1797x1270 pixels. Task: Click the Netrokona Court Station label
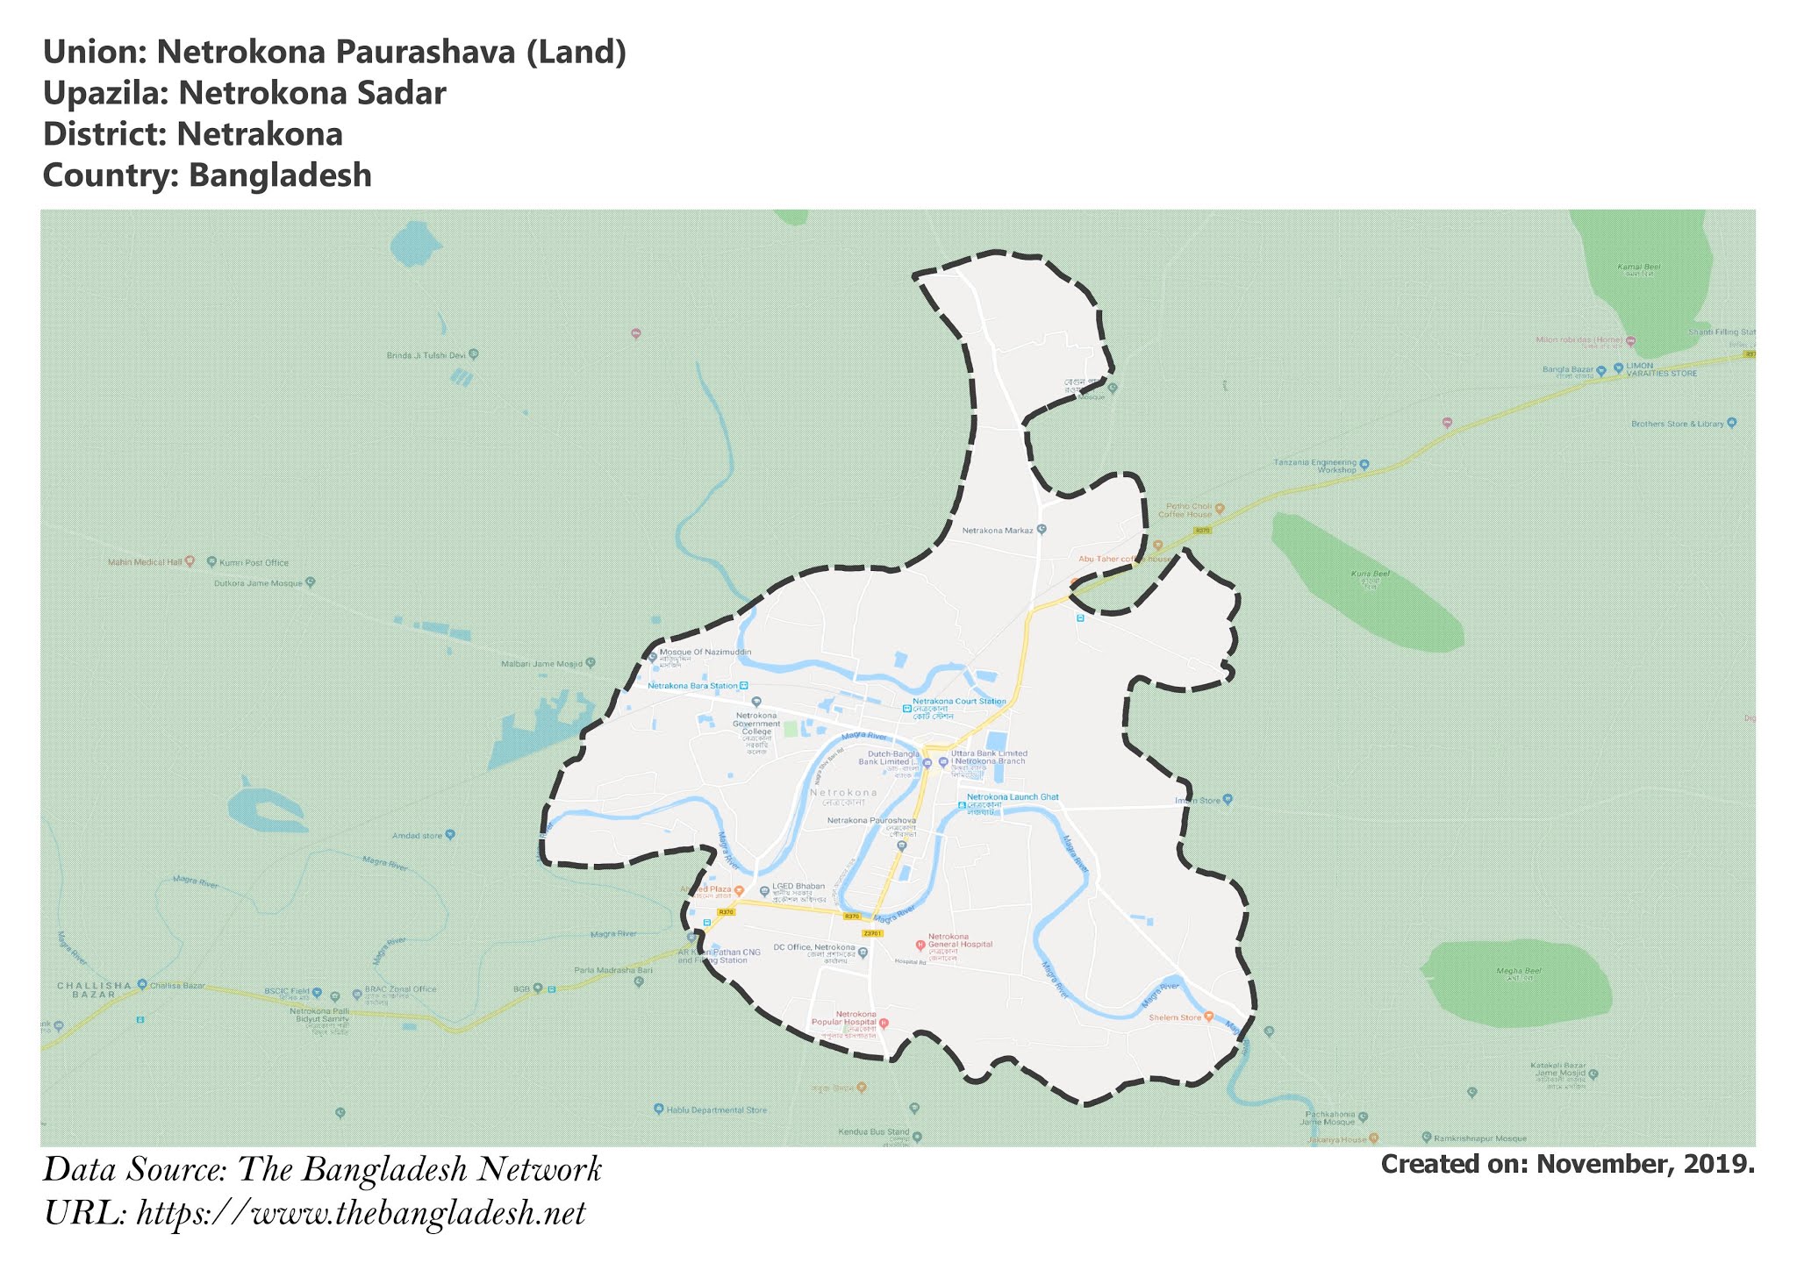[x=959, y=702]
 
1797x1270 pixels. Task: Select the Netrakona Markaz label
[x=998, y=531]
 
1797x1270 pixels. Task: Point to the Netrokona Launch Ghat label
[x=1013, y=797]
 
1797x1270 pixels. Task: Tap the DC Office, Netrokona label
[x=813, y=948]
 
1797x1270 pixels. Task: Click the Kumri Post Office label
[x=254, y=562]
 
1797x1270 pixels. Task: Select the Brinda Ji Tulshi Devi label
[x=426, y=355]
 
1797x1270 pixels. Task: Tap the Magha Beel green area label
[x=1520, y=972]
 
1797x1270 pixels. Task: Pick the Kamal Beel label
[x=1638, y=268]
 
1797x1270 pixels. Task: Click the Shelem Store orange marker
[x=1208, y=1017]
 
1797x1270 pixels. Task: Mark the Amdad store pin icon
[x=450, y=834]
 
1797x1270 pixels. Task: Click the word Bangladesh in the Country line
[x=280, y=175]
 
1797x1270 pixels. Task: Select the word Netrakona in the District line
[x=260, y=134]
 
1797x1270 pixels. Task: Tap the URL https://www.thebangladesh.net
[x=361, y=1214]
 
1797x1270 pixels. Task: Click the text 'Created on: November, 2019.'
[x=1567, y=1165]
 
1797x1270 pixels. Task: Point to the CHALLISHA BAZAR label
[x=93, y=989]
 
